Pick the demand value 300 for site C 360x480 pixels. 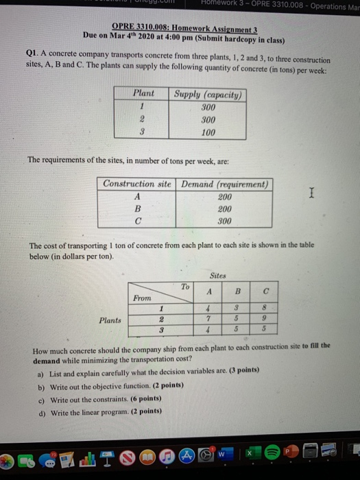point(224,221)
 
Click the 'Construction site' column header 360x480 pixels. point(137,184)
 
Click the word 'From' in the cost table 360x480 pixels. point(143,299)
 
